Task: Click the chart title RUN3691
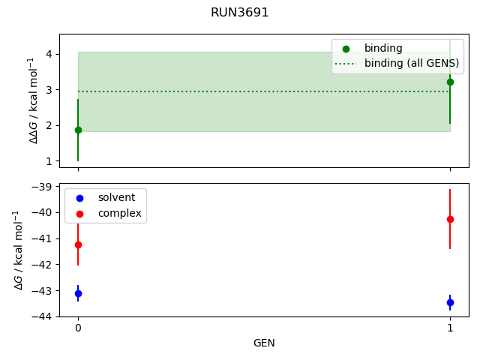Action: pyautogui.click(x=240, y=13)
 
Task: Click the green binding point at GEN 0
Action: pyautogui.click(x=78, y=130)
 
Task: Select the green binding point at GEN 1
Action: pyautogui.click(x=450, y=82)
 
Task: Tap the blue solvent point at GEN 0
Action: pyautogui.click(x=78, y=293)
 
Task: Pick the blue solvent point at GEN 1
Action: pyautogui.click(x=450, y=302)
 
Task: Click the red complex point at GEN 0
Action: pyautogui.click(x=78, y=244)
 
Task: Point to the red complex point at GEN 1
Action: pyautogui.click(x=450, y=219)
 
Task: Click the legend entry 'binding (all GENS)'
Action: pyautogui.click(x=411, y=63)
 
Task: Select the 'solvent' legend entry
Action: pyautogui.click(x=116, y=197)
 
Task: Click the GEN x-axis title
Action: pyautogui.click(x=264, y=343)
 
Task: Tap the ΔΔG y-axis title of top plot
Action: pyautogui.click(x=32, y=100)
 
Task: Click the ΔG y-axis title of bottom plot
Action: pyautogui.click(x=17, y=250)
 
